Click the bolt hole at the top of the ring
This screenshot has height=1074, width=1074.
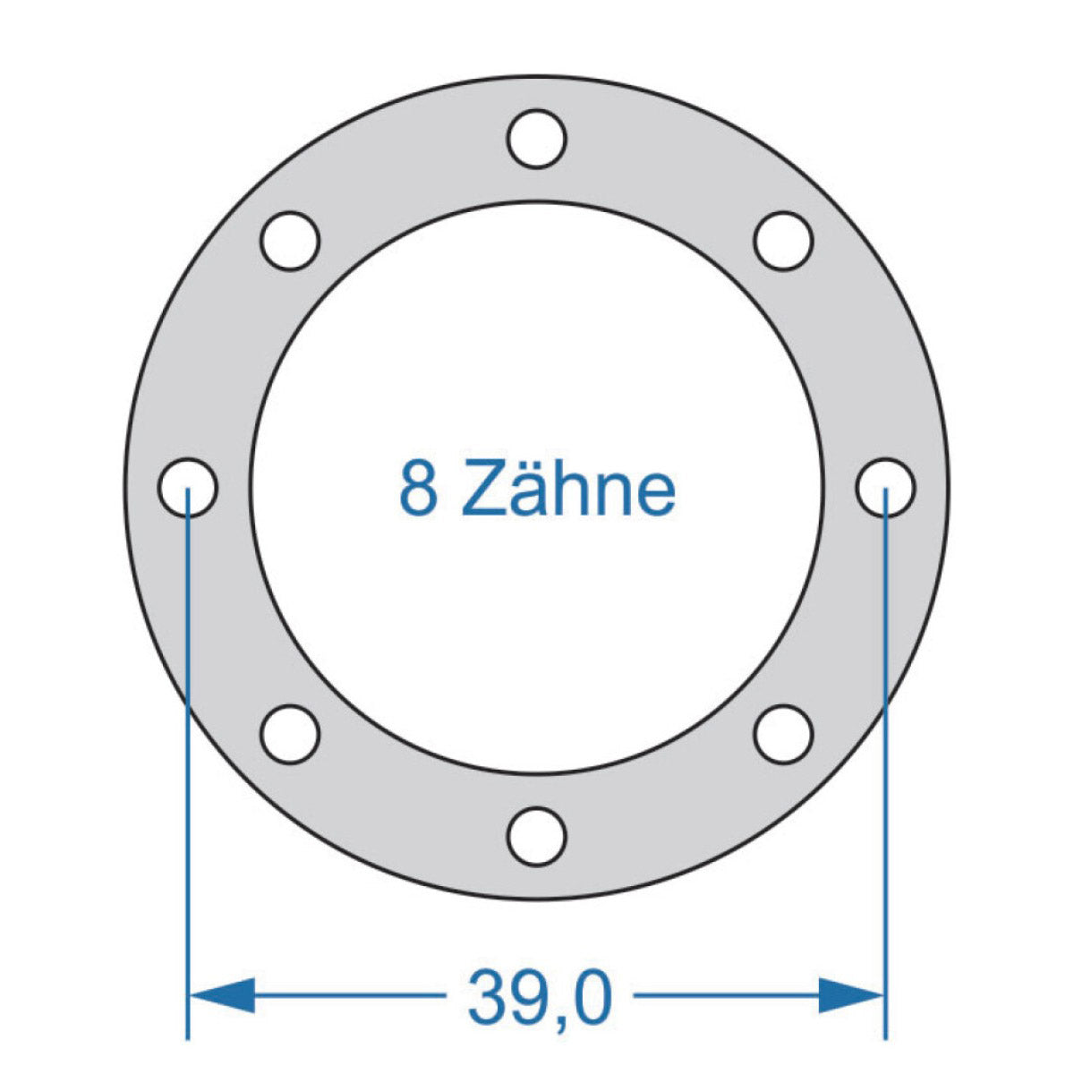pos(536,139)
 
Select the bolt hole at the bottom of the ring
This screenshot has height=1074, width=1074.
pos(536,835)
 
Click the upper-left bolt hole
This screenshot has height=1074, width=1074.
pos(290,241)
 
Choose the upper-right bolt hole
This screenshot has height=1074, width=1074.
pos(783,241)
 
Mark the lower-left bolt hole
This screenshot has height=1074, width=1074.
pos(290,734)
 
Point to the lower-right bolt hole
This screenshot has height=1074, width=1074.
pos(783,734)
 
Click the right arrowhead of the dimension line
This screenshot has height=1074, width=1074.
pos(851,994)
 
